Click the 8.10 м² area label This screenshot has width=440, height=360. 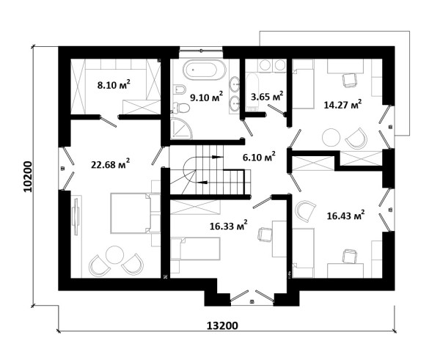click(114, 84)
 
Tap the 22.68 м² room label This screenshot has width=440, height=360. click(110, 164)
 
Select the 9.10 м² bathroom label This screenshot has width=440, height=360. click(207, 97)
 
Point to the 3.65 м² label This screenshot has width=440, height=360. click(267, 97)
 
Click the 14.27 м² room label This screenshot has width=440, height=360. click(342, 104)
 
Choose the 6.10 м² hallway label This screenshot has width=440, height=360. click(259, 157)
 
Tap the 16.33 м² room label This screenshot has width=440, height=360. click(229, 225)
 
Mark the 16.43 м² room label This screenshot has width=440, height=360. click(345, 216)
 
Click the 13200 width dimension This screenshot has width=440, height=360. click(222, 326)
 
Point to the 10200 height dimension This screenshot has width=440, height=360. click(28, 176)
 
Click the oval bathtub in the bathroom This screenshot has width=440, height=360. click(205, 70)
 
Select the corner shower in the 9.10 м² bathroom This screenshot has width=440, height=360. click(181, 129)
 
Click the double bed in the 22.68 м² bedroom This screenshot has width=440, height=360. click(131, 213)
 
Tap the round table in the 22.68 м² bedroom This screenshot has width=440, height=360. click(114, 254)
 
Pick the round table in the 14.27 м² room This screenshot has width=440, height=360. click(331, 137)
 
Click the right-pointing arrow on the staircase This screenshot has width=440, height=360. click(217, 157)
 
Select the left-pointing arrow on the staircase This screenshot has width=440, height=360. click(202, 182)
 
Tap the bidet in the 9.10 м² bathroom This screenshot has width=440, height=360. click(180, 89)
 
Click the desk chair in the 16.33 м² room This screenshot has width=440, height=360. click(265, 235)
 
